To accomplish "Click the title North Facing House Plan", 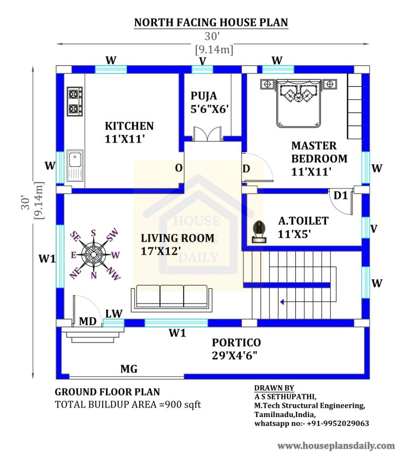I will pos(211,22).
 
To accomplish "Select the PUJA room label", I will pos(204,102).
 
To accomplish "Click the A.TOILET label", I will pos(303,226).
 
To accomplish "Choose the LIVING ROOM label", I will pos(177,244).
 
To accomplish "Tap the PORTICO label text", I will pos(236,349).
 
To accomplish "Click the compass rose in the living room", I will pos(94,254).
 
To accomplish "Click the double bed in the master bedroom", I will pos(298,103).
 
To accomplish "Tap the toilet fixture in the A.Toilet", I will pos(258,232).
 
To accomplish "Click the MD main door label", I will pos(87,321).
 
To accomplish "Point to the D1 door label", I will pos(340,196).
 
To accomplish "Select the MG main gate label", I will pos(129,368).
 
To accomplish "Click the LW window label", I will pos(113,313).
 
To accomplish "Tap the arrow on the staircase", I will pos(283,302).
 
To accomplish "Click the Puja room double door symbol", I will pos(204,134).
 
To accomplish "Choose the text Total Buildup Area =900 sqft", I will pos(128,404).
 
